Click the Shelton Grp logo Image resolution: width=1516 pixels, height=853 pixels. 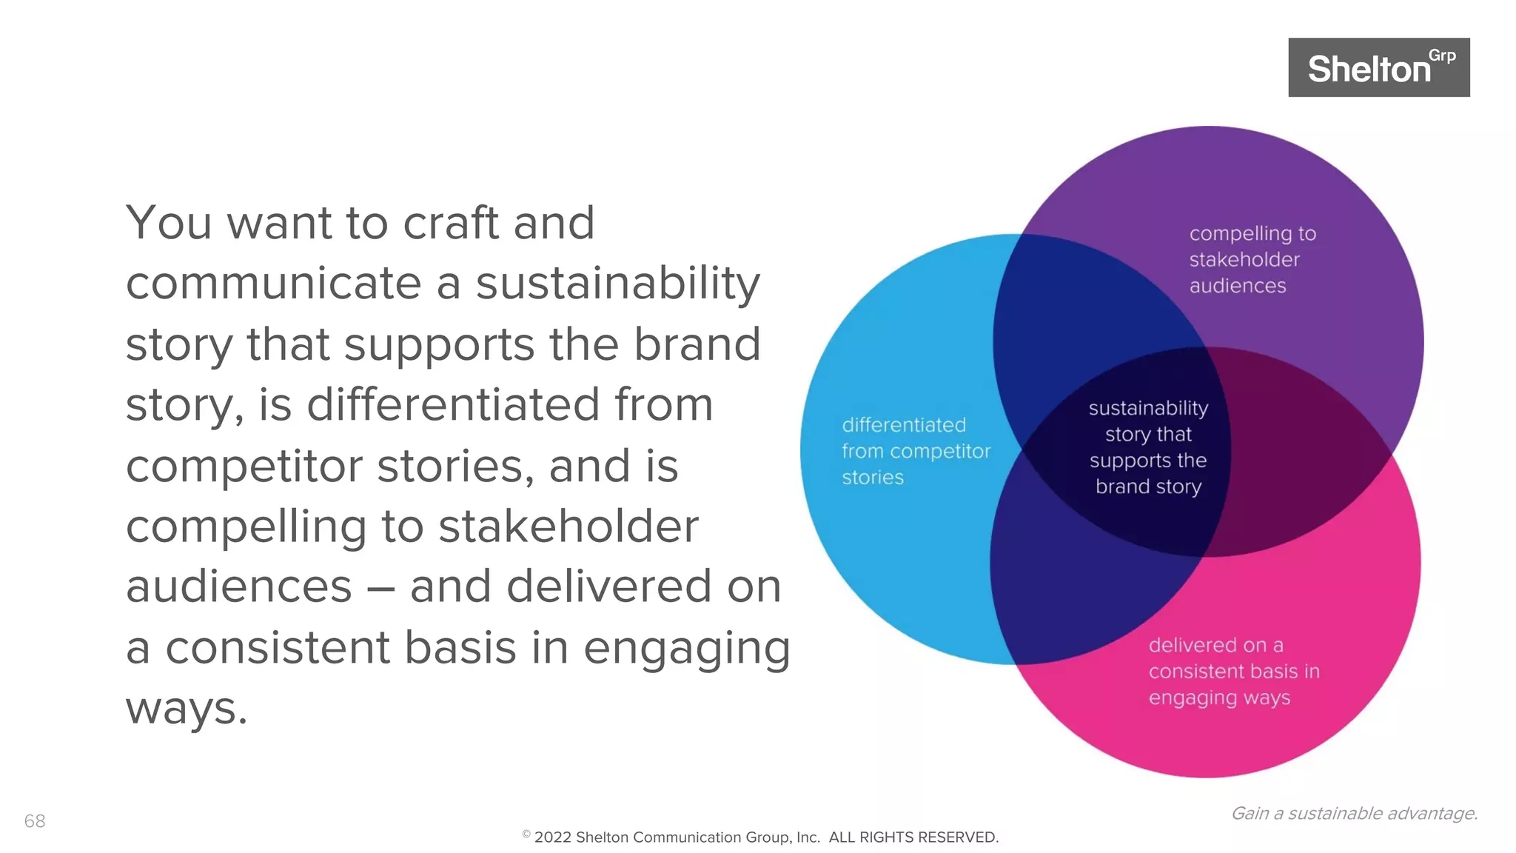point(1378,67)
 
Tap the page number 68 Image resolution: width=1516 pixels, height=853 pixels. point(35,820)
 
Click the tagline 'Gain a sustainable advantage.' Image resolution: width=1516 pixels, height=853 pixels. point(1354,813)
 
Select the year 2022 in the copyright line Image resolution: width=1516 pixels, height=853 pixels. point(552,837)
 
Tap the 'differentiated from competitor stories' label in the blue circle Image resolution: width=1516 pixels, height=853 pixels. point(915,451)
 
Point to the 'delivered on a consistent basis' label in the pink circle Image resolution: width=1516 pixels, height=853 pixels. point(1233,671)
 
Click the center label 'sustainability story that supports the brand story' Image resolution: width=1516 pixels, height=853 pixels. point(1148,447)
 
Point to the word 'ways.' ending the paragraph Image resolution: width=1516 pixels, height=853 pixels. point(186,709)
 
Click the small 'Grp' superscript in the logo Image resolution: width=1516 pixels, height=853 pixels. point(1441,56)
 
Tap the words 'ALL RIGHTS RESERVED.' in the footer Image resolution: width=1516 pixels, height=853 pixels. point(913,837)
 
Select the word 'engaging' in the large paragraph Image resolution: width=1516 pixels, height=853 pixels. point(686,649)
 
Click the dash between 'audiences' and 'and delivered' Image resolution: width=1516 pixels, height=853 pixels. point(380,589)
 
